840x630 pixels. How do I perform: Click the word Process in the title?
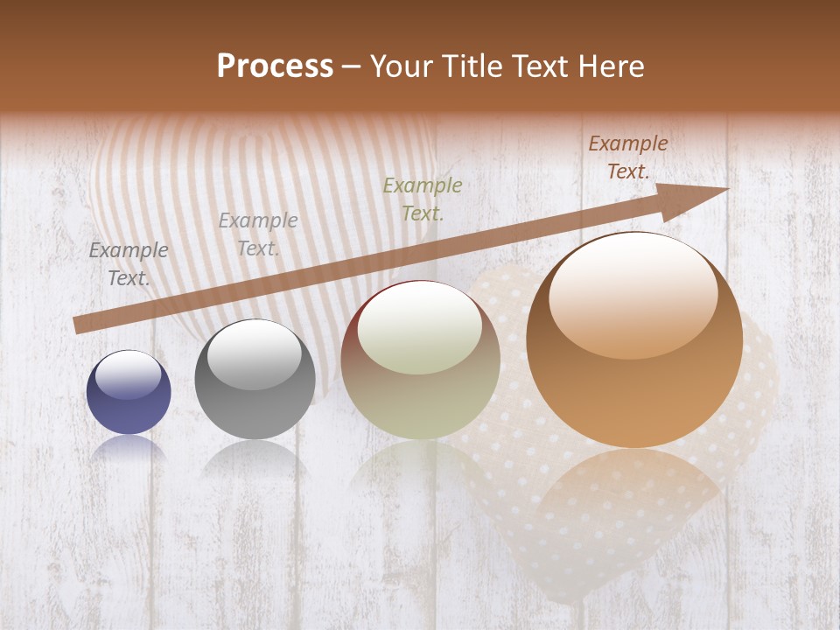pos(275,66)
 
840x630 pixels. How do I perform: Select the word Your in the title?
pos(403,66)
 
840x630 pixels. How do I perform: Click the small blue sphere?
pos(129,393)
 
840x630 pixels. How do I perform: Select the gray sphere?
pos(255,381)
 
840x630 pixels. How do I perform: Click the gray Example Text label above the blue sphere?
pos(129,263)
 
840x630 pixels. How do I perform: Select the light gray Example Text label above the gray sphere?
pos(258,234)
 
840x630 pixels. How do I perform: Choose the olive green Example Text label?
pos(423,199)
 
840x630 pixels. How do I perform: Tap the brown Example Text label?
pos(628,157)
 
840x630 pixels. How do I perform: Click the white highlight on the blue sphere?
pos(129,374)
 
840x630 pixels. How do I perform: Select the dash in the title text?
pos(352,66)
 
